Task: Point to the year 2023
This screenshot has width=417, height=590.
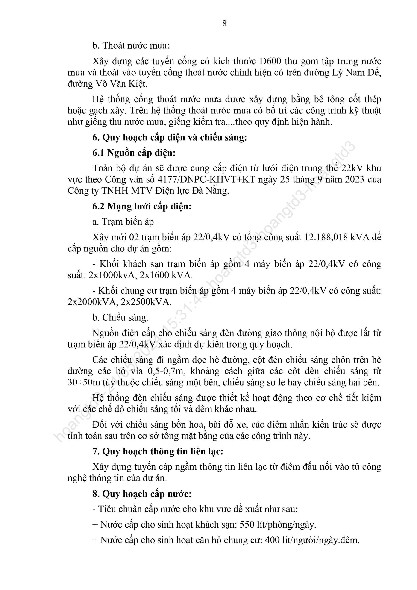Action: click(x=355, y=179)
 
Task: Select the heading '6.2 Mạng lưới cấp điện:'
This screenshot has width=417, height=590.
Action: click(x=142, y=206)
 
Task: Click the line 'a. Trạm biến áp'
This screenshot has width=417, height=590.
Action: click(x=123, y=222)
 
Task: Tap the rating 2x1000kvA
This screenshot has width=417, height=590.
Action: click(x=112, y=275)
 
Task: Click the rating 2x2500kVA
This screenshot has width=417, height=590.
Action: click(x=146, y=302)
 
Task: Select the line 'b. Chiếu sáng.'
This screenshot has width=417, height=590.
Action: click(x=120, y=318)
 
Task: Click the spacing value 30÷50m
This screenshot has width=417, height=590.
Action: click(x=84, y=382)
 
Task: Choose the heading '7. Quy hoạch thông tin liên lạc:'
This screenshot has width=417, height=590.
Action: click(x=158, y=451)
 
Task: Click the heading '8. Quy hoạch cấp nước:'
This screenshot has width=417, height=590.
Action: click(x=142, y=494)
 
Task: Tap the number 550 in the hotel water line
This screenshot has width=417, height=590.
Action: click(x=247, y=525)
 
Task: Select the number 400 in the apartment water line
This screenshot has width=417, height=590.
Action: click(x=272, y=540)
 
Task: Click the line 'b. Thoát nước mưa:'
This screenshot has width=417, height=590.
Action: click(x=131, y=46)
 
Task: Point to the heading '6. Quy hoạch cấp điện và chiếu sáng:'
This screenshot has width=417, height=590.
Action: click(x=170, y=138)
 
